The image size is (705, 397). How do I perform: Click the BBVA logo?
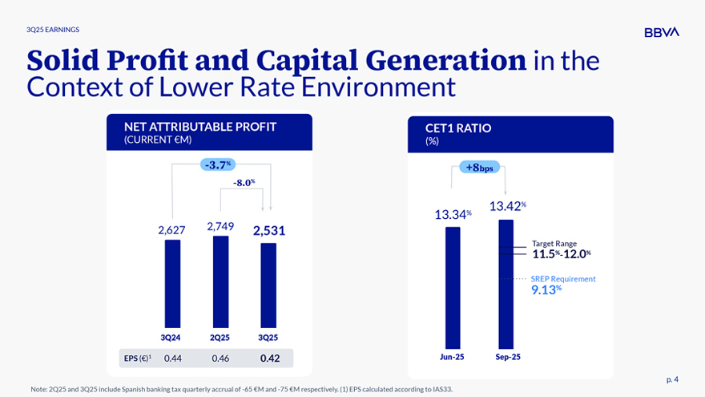pyautogui.click(x=662, y=32)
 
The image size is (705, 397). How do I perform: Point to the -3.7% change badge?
pyautogui.click(x=217, y=165)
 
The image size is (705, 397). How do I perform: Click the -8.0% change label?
pyautogui.click(x=244, y=183)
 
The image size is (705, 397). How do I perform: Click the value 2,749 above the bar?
pyautogui.click(x=220, y=226)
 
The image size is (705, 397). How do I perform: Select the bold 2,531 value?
pyautogui.click(x=269, y=231)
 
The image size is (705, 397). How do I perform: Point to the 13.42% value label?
pyautogui.click(x=507, y=206)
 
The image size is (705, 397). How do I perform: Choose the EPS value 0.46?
pyautogui.click(x=220, y=359)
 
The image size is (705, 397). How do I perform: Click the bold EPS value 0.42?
pyautogui.click(x=269, y=359)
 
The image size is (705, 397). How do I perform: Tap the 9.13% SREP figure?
pyautogui.click(x=546, y=290)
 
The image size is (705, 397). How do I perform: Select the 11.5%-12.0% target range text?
pyautogui.click(x=562, y=254)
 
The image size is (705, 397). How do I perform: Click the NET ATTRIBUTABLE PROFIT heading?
pyautogui.click(x=200, y=127)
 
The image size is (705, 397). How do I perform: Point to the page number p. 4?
pyautogui.click(x=672, y=379)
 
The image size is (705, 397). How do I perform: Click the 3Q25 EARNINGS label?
pyautogui.click(x=53, y=30)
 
